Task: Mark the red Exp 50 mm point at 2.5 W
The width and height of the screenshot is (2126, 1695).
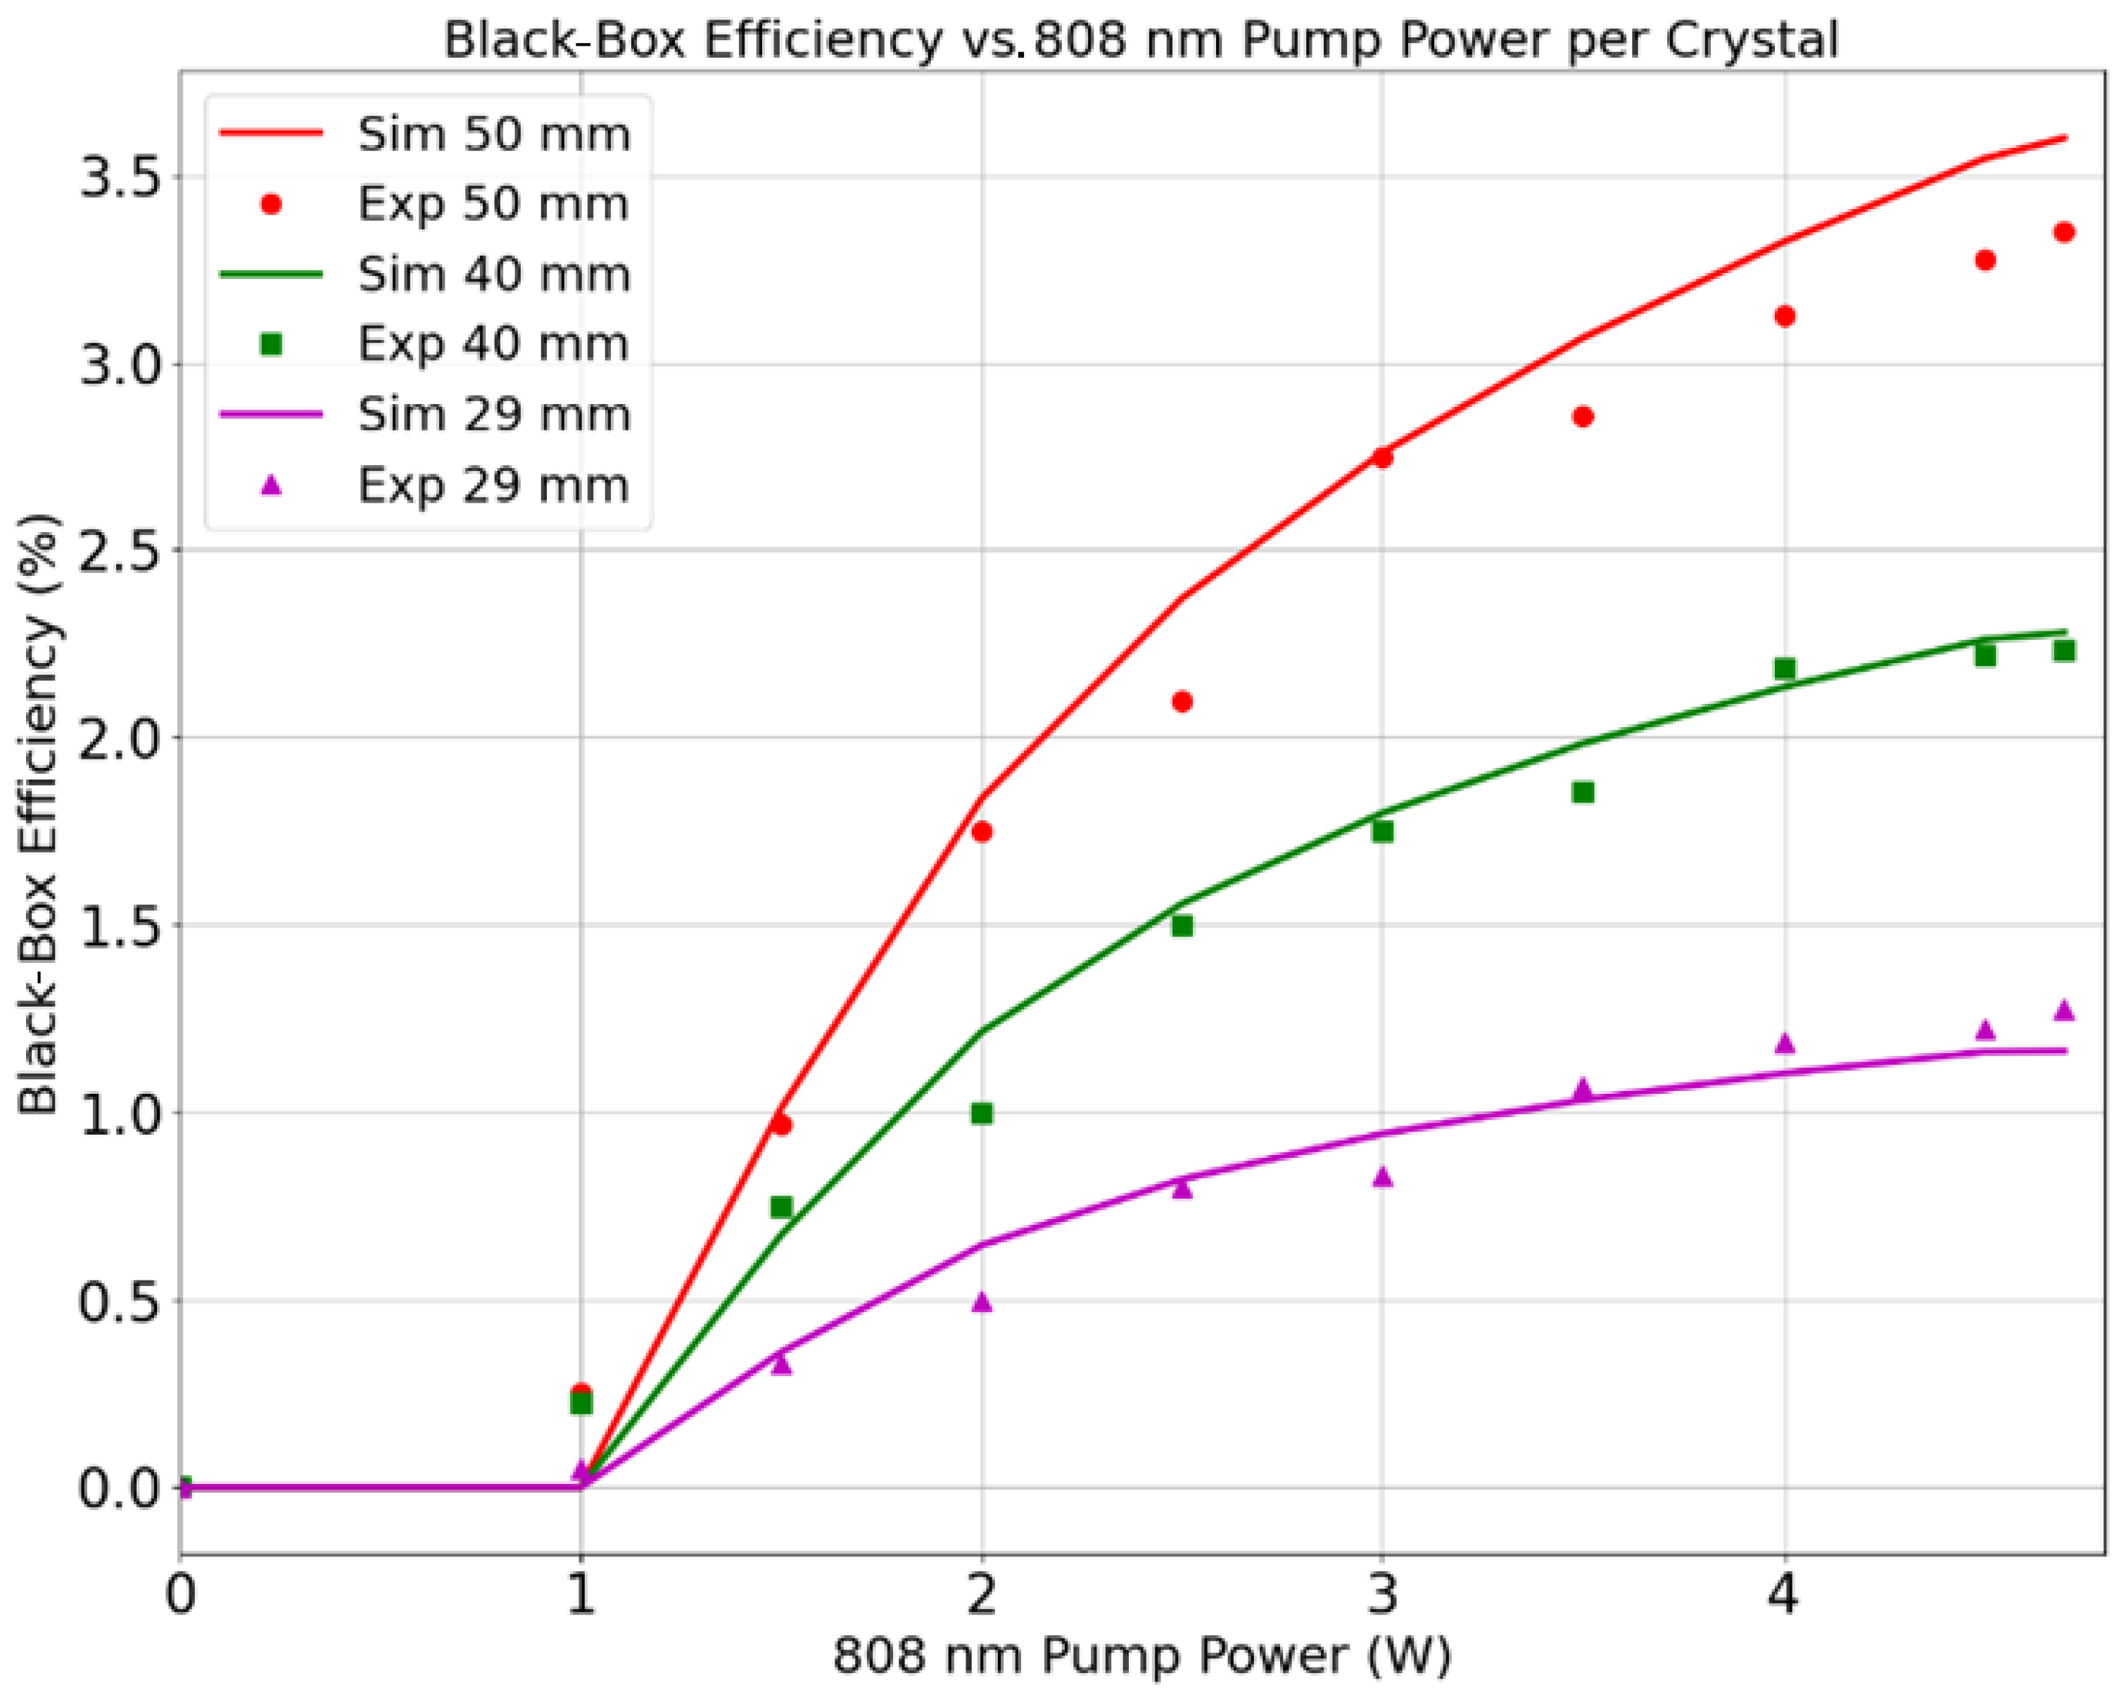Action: point(1182,701)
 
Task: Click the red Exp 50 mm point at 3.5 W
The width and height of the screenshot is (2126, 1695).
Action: point(1583,417)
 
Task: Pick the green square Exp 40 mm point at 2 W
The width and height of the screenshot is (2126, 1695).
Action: point(981,1114)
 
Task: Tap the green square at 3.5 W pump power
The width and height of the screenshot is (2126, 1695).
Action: point(1583,793)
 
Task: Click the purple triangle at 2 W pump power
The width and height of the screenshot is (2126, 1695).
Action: point(981,1302)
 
